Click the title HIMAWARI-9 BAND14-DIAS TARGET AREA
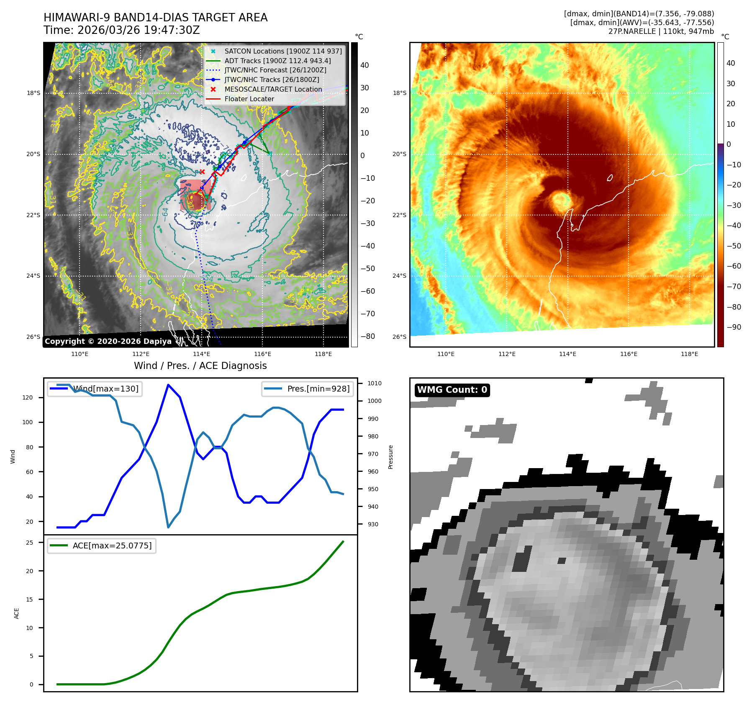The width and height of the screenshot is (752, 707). click(x=155, y=18)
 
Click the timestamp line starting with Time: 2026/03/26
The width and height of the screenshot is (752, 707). click(x=121, y=30)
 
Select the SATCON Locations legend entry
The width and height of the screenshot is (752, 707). click(x=283, y=51)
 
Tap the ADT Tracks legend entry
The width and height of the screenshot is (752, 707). click(x=277, y=61)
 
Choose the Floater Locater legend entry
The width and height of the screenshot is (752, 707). click(x=249, y=99)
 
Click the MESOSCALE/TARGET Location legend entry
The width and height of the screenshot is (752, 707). click(x=273, y=89)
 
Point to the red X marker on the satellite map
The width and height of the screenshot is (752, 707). click(x=202, y=172)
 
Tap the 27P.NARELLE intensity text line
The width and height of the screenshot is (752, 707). click(x=661, y=31)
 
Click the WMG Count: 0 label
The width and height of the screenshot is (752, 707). click(x=452, y=390)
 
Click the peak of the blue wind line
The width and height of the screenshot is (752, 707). click(x=168, y=385)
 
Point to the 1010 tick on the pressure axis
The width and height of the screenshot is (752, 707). click(x=374, y=383)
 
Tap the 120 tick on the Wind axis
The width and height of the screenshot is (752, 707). click(x=28, y=397)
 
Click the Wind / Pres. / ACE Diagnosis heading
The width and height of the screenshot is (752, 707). click(x=200, y=366)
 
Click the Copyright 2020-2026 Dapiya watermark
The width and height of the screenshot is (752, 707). click(x=108, y=341)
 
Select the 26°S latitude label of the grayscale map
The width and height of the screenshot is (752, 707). click(x=33, y=337)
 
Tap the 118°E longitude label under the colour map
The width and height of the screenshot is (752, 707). click(x=689, y=354)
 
